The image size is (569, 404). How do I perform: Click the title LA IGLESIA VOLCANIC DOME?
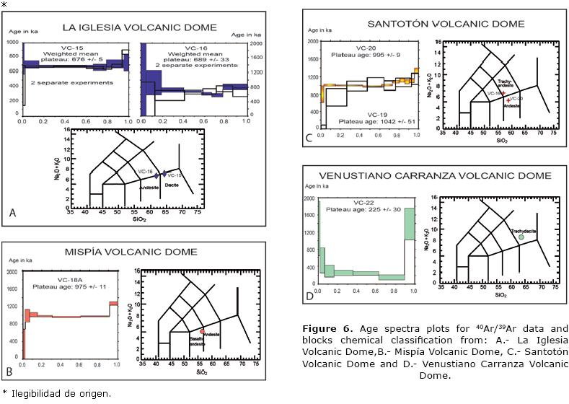coord(138,27)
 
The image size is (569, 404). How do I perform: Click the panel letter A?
coord(12,213)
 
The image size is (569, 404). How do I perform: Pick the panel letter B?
coord(9,372)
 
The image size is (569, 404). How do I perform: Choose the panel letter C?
coord(309,137)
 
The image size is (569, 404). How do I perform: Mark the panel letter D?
coord(309,295)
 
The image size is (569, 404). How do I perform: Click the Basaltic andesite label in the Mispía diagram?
coord(200,342)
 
